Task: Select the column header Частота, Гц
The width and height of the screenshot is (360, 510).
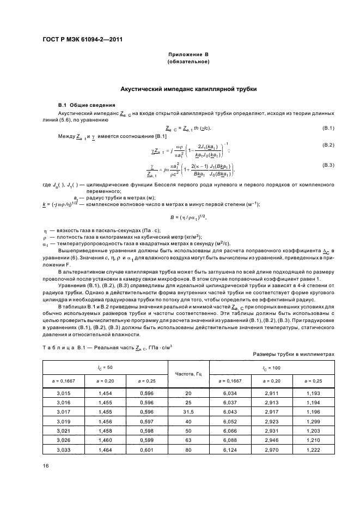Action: point(188,374)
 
